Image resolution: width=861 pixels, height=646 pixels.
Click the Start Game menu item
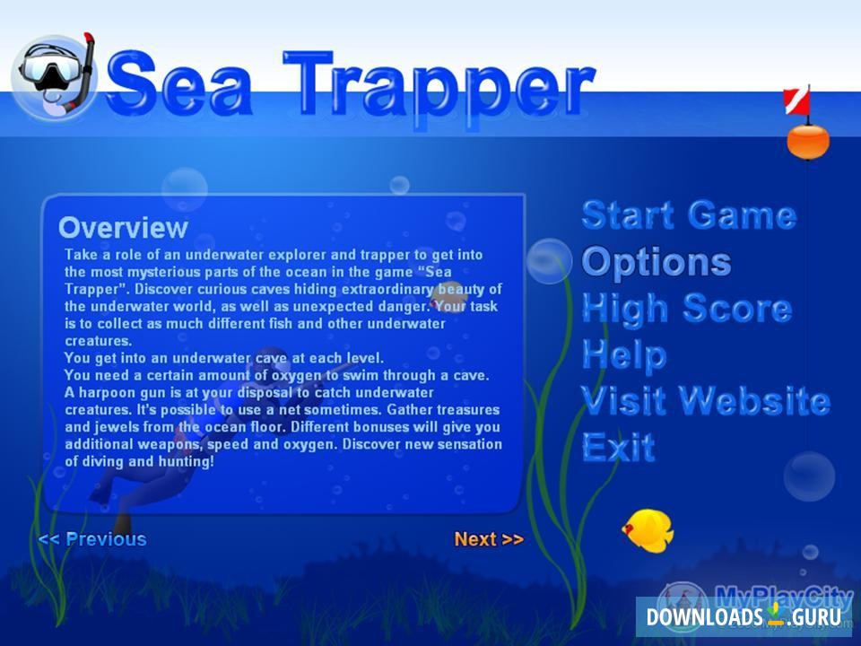pyautogui.click(x=689, y=215)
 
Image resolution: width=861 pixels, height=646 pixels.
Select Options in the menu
pyautogui.click(x=657, y=262)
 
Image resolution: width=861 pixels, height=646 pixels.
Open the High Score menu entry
pyautogui.click(x=687, y=308)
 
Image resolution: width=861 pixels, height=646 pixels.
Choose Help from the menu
pyautogui.click(x=624, y=354)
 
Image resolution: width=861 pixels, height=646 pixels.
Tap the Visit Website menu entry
pyautogui.click(x=706, y=400)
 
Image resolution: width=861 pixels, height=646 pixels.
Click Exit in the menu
pyautogui.click(x=619, y=447)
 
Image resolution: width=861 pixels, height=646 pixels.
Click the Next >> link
pyautogui.click(x=489, y=539)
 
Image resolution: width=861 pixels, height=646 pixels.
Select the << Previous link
pyautogui.click(x=92, y=539)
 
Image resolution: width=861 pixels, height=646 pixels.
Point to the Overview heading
pyautogui.click(x=123, y=227)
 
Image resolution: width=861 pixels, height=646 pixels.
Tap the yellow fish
pyautogui.click(x=648, y=528)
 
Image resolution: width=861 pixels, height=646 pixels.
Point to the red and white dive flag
pyautogui.click(x=796, y=101)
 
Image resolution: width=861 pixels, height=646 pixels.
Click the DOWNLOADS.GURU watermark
pyautogui.click(x=744, y=617)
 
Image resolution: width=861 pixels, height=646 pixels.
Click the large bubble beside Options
pyautogui.click(x=549, y=261)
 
